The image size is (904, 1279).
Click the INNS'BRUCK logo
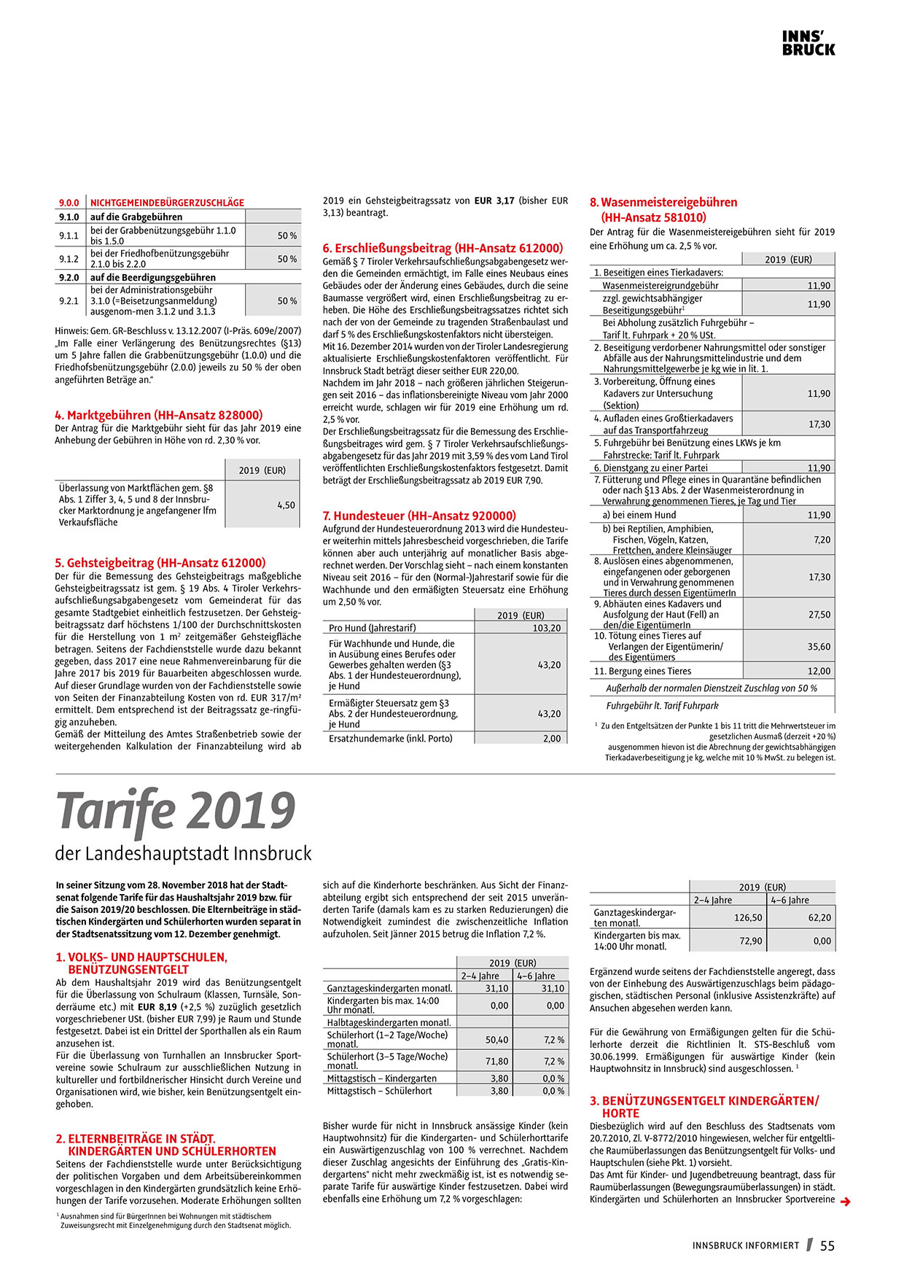(x=808, y=44)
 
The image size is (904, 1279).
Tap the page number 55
(x=827, y=1245)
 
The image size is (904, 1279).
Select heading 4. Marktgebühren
(x=158, y=415)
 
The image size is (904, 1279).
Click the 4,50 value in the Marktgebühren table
(x=286, y=505)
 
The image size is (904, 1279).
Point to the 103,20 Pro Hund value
(x=547, y=628)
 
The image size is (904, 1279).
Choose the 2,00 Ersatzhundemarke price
(x=552, y=738)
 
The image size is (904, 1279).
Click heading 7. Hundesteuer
(x=419, y=516)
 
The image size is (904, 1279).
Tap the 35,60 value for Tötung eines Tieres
(x=819, y=646)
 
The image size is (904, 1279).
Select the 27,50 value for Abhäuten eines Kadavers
(x=819, y=615)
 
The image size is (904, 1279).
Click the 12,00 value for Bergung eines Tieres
(x=819, y=671)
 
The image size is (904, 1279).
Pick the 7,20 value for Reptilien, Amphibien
(x=822, y=540)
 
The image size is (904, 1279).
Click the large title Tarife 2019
(x=176, y=810)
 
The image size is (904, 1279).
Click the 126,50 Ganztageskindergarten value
(x=748, y=918)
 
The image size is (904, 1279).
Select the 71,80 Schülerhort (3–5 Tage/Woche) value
(x=496, y=1061)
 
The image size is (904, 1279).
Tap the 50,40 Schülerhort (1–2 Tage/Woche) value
(x=496, y=1039)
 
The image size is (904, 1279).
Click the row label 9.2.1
(x=69, y=300)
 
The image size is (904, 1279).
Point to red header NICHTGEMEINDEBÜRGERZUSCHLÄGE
(x=167, y=203)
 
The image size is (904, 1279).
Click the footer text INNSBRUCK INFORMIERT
(x=746, y=1245)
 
